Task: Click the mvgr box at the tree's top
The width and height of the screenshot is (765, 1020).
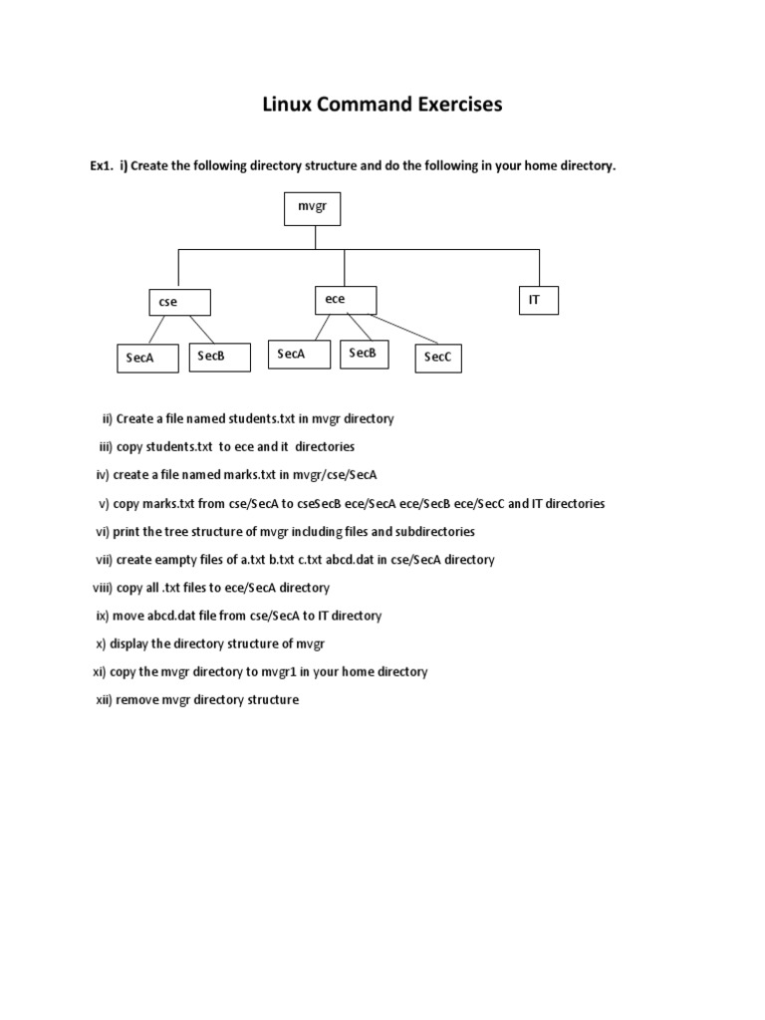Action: [315, 209]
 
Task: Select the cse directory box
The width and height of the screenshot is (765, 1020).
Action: [179, 302]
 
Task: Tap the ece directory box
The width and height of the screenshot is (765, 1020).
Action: [346, 299]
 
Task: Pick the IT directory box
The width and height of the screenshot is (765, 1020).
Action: [538, 300]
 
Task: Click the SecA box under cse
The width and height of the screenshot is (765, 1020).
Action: [146, 358]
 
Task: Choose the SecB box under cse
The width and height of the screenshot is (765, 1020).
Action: [219, 357]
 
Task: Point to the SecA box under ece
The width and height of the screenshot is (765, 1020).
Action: [299, 355]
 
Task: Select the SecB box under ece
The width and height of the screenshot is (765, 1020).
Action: [370, 354]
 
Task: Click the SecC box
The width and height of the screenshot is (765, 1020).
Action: [438, 358]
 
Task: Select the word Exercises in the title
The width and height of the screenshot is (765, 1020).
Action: [450, 105]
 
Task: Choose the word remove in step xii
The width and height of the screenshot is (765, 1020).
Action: [139, 699]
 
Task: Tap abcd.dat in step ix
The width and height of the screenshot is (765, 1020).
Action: [184, 616]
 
